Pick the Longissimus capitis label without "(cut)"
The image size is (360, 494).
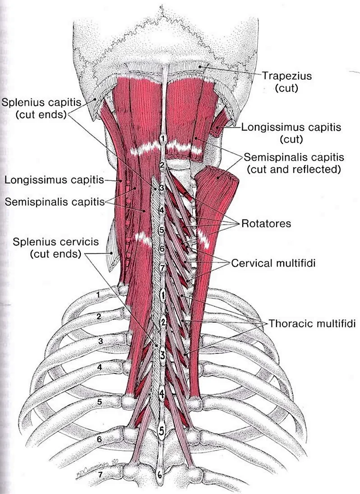[x=55, y=180]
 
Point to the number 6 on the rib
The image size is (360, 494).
[x=100, y=438]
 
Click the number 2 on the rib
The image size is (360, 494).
[x=99, y=317]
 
